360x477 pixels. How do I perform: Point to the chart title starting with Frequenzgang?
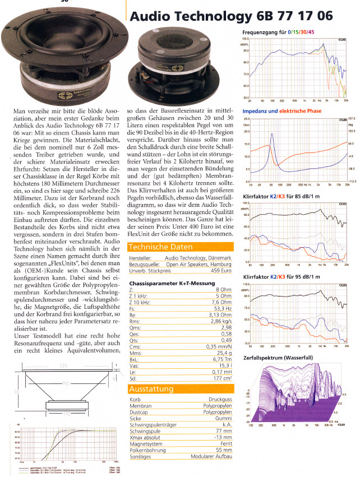[x=280, y=33]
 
